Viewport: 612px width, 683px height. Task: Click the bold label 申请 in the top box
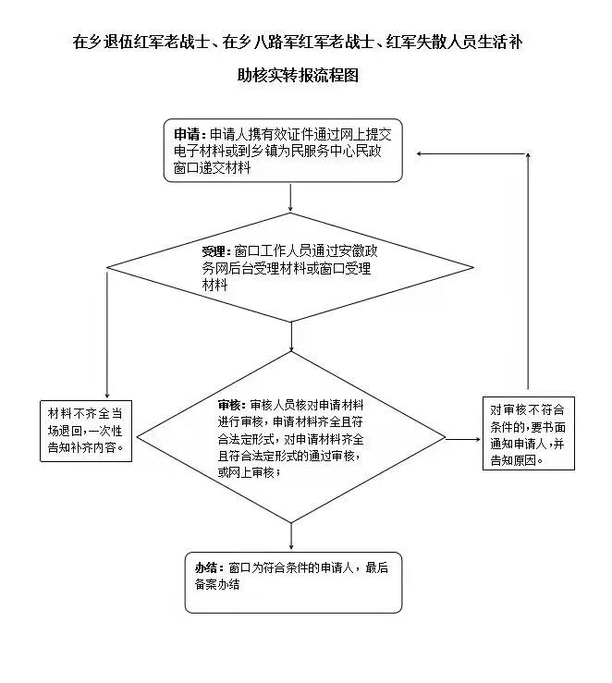pos(187,134)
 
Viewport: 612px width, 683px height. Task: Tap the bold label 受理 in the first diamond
pos(214,251)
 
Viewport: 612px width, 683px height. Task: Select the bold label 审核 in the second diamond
pos(229,405)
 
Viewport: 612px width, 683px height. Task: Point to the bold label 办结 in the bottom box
pos(206,567)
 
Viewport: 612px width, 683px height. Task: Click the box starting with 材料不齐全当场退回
pos(86,432)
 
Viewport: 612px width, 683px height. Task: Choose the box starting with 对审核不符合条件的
pos(529,433)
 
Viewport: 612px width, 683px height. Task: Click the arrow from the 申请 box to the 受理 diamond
pos(290,197)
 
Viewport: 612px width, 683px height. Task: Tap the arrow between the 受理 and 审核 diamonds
pos(291,336)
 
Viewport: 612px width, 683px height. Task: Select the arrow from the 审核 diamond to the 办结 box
pos(291,536)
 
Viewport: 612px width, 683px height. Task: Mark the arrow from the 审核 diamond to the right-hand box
pos(463,439)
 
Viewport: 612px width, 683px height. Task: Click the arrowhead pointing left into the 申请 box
pos(420,153)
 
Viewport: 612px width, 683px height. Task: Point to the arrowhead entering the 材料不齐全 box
pos(106,395)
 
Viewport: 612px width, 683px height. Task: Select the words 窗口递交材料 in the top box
pos(212,167)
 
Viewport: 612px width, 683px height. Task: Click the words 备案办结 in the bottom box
pos(217,584)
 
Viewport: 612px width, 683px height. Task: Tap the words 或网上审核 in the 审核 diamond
pos(246,472)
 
